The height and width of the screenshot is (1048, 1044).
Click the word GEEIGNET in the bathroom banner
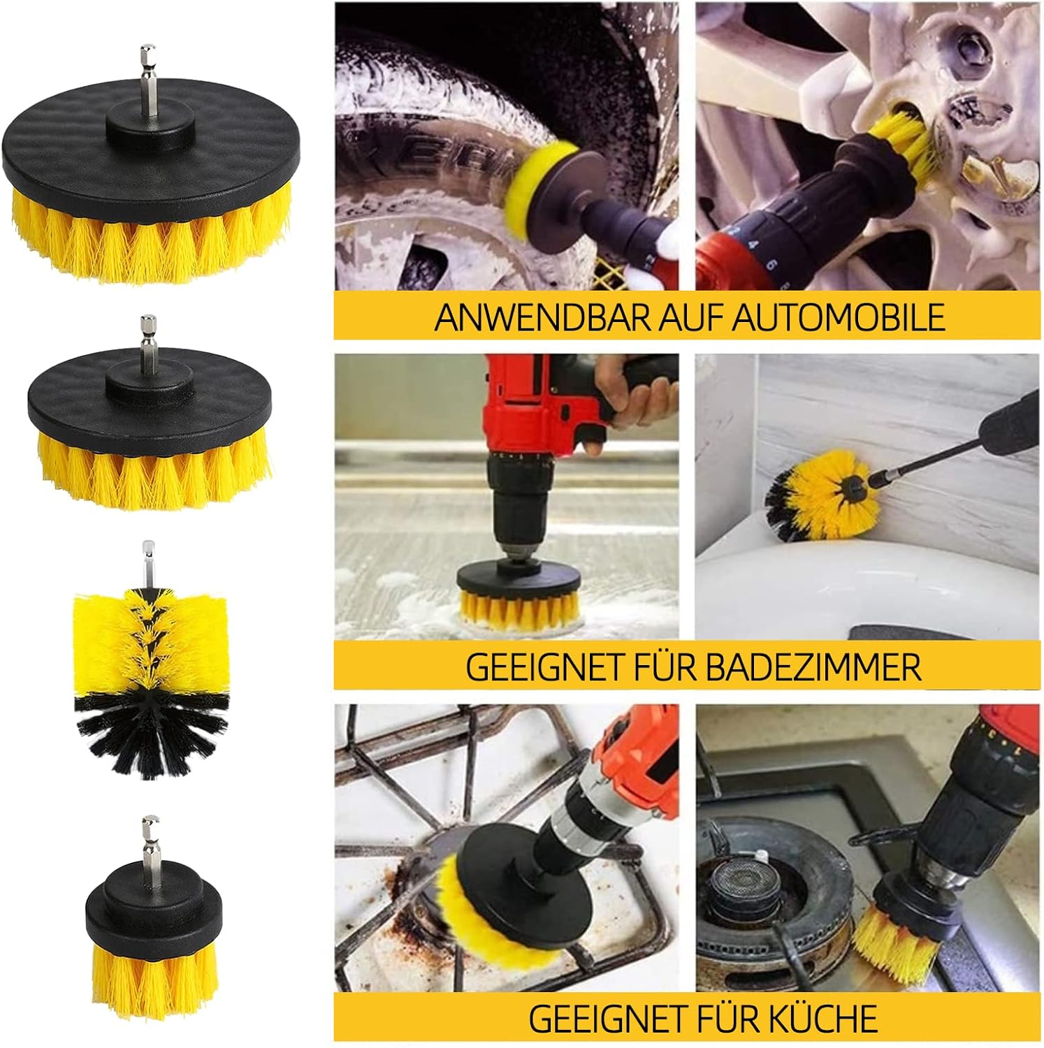click(x=523, y=667)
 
